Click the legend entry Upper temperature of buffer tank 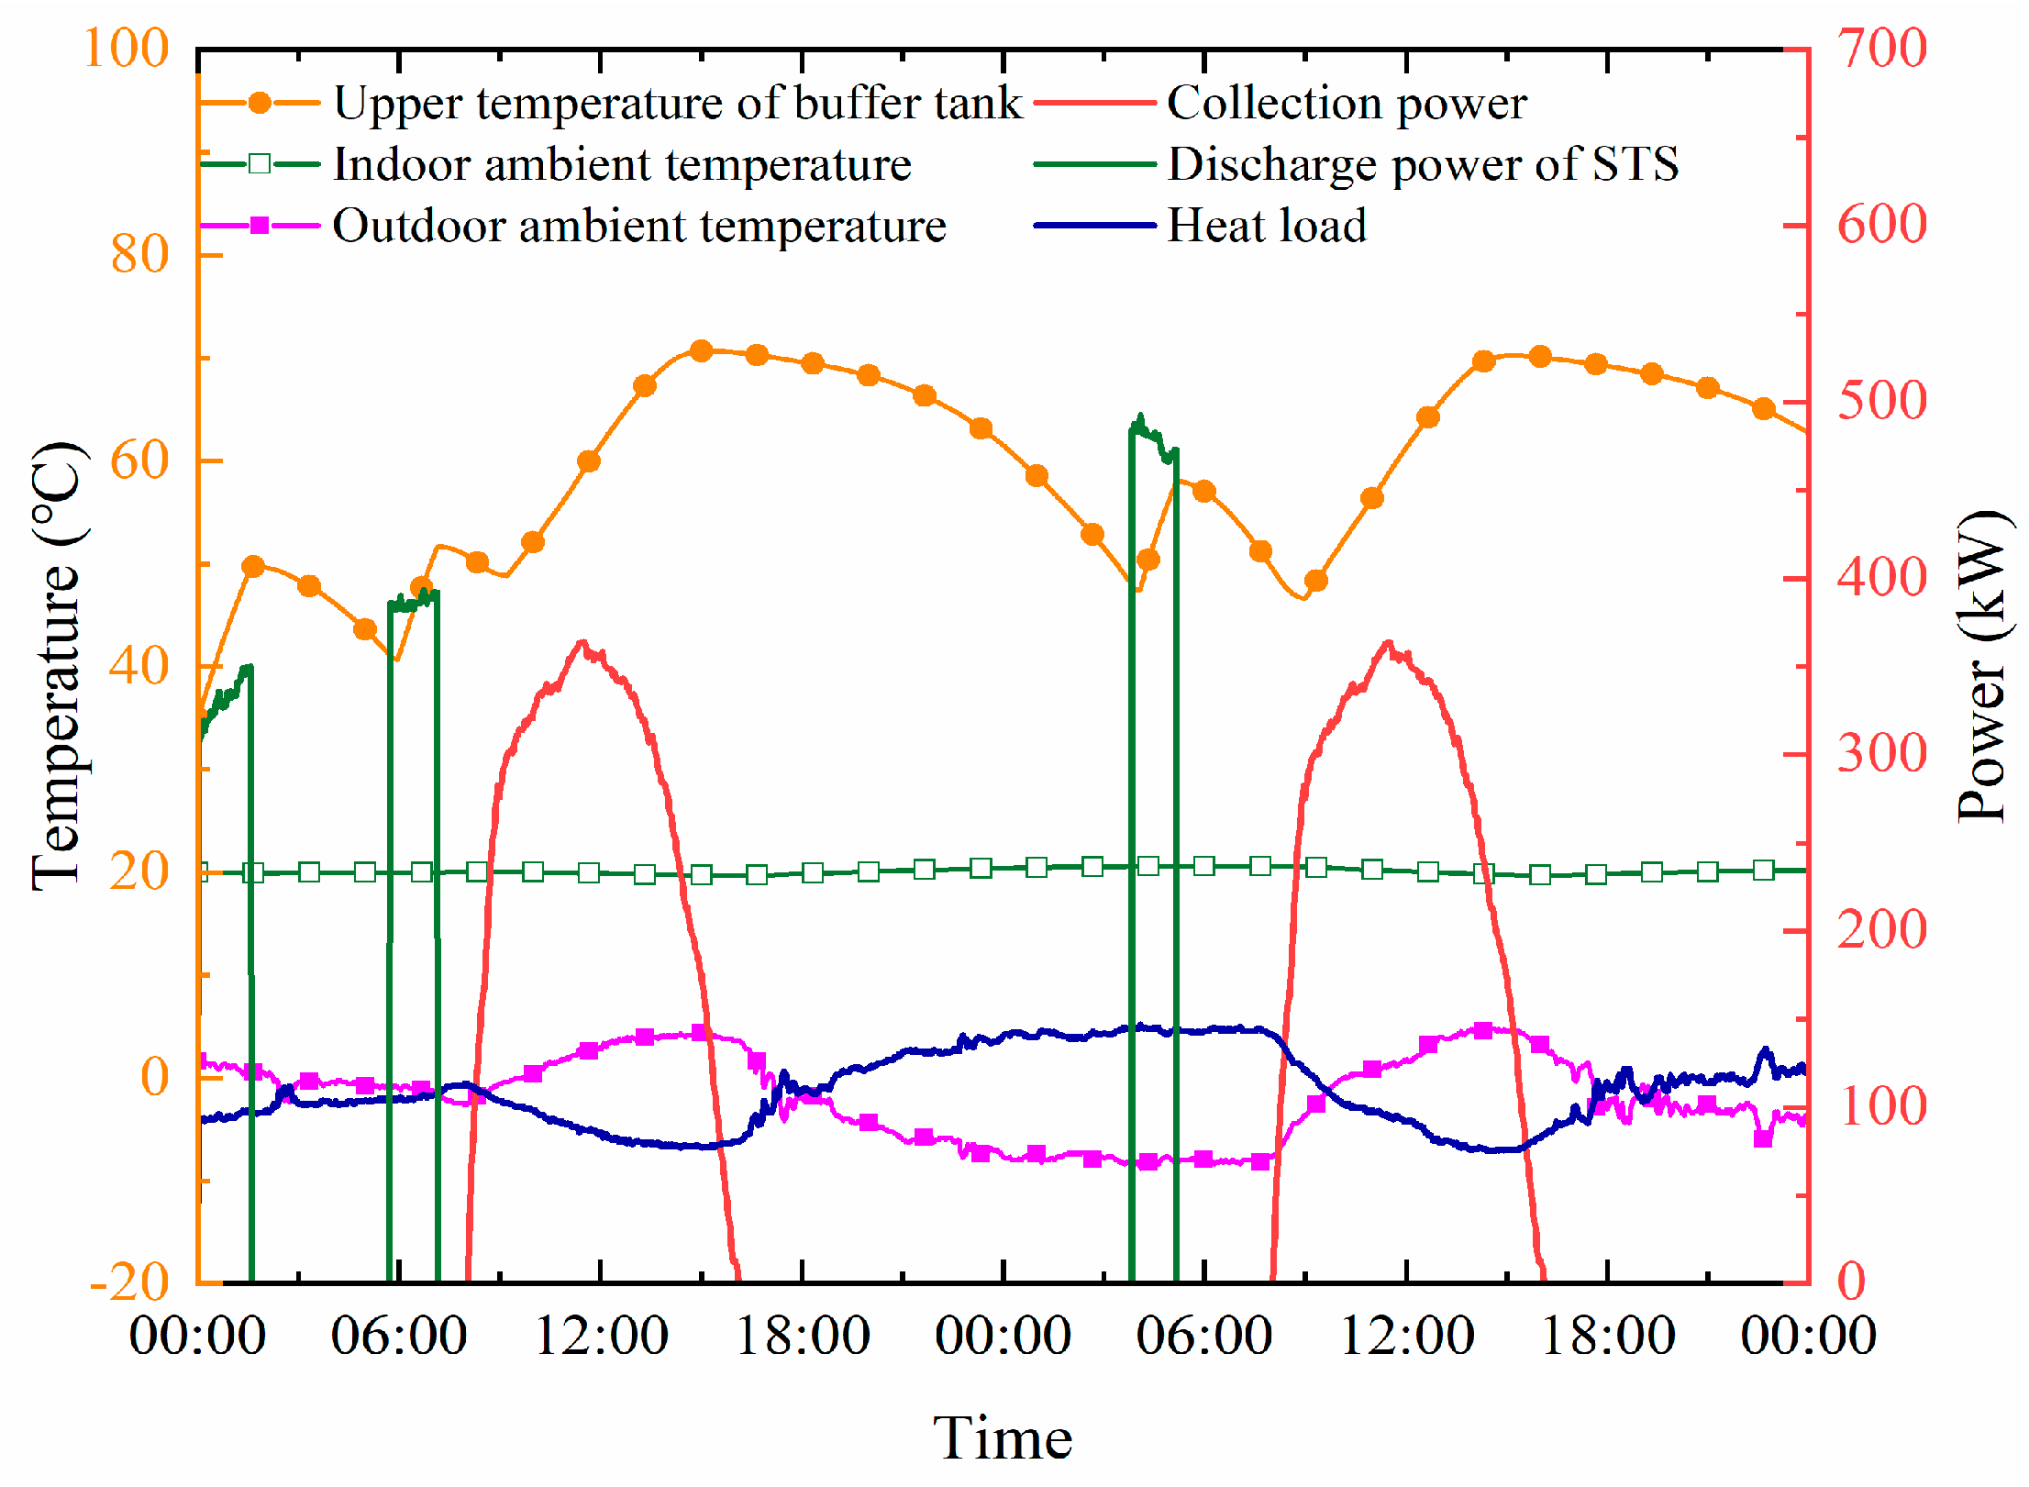pos(677,103)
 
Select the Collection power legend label pos(1347,103)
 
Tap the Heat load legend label pos(1266,226)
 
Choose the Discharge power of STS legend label pos(1423,164)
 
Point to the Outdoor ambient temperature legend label pos(639,226)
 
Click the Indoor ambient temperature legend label pos(622,164)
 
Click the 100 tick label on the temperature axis pos(127,48)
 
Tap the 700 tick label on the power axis pos(1881,48)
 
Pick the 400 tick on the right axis pos(1881,578)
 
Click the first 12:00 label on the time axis pos(601,1336)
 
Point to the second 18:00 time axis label pos(1607,1336)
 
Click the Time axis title pos(1003,1437)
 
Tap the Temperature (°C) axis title pos(57,667)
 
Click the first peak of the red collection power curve pos(582,643)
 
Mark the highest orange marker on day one pos(702,350)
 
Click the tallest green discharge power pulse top pos(1140,417)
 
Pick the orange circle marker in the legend pos(260,103)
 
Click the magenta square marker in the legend pos(260,226)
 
